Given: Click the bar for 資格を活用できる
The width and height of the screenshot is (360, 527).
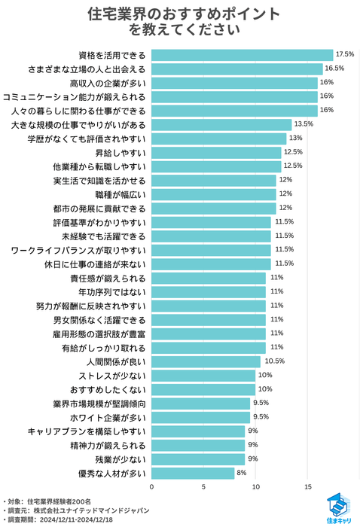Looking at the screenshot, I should pos(242,54).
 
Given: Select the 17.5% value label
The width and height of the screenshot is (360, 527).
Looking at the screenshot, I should pos(345,54).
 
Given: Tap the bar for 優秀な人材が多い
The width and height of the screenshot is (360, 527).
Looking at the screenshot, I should pos(193,473).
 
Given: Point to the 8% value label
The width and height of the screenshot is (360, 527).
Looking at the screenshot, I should pos(242,473).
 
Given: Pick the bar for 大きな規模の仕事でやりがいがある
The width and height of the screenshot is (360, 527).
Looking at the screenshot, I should pos(221,124).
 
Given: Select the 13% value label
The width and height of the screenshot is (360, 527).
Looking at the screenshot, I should pos(295,138).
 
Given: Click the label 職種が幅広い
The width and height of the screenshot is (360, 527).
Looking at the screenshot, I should pos(122,193).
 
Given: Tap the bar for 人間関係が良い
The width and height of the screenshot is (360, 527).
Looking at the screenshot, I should pos(206,361).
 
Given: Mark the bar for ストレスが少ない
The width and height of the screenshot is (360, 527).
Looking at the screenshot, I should pos(203,375).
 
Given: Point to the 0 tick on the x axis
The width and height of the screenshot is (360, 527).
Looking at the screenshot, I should pos(152,486).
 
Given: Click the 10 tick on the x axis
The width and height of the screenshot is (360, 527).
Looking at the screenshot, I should pos(256,486).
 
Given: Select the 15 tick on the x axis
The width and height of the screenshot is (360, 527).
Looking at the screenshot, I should pos(307,486).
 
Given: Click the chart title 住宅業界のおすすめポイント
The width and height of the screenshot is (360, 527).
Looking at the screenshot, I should pos(180,14).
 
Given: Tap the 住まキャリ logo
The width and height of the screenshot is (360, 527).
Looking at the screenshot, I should pos(337,508).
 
